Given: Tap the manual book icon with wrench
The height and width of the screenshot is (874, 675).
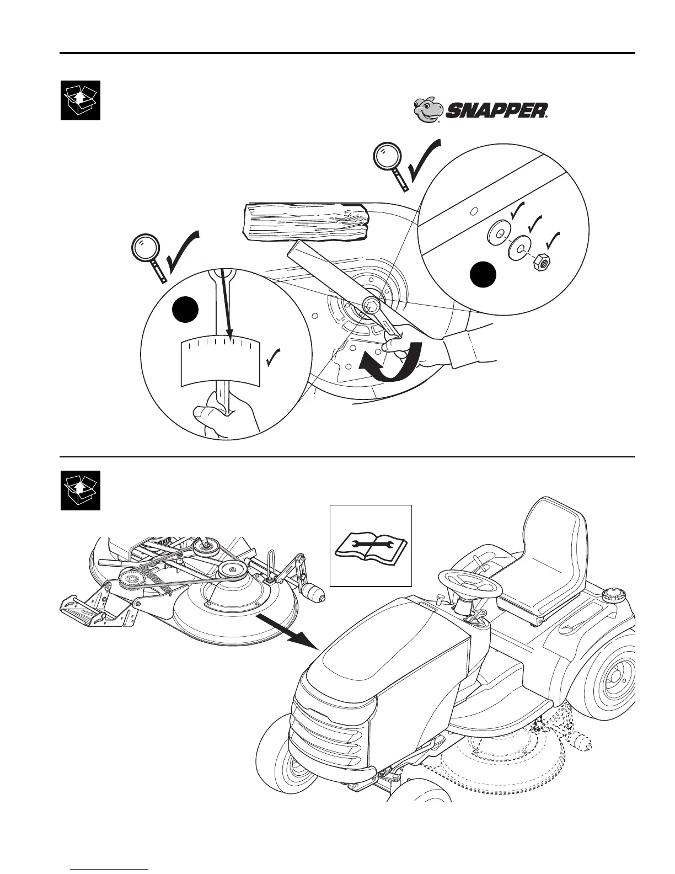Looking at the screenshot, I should (371, 545).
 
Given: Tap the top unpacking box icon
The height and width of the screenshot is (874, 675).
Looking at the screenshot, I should (81, 100).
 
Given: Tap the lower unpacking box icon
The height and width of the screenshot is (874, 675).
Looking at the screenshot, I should (81, 490).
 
